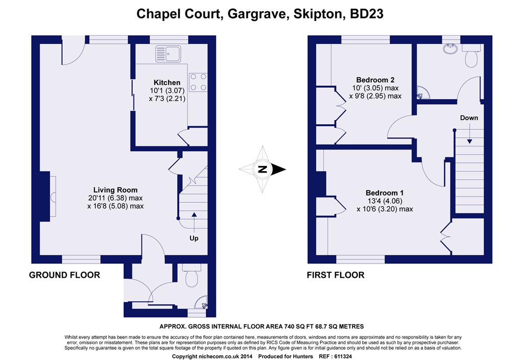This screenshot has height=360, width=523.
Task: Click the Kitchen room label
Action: point(167,82)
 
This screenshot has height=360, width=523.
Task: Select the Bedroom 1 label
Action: point(385,193)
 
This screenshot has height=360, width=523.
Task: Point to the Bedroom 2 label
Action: point(375,80)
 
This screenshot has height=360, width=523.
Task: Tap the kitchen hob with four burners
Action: point(199,82)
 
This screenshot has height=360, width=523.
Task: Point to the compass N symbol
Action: point(263,170)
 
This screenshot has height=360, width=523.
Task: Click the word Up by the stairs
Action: point(194,238)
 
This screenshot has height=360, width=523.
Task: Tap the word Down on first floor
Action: point(469,118)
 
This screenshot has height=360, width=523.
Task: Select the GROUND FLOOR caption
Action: point(64,275)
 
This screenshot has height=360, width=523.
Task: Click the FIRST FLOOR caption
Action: point(335,275)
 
